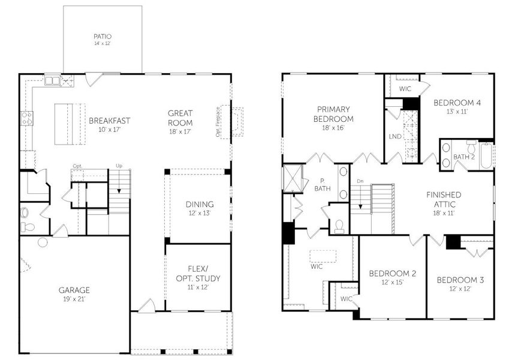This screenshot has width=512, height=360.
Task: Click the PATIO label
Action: [103, 40]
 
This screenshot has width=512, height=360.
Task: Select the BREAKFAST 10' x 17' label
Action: [110, 124]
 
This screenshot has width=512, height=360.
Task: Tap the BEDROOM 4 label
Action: [457, 106]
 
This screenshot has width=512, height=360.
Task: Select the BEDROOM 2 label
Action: [393, 278]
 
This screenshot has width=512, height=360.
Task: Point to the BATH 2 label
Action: [463, 157]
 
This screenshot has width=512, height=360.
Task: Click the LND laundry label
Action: [395, 137]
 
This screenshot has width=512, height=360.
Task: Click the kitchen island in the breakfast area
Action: [66, 124]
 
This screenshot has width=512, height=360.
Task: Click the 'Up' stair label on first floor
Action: [119, 166]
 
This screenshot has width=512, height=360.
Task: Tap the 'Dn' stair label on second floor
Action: [360, 182]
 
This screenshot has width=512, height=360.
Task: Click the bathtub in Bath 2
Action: [486, 154]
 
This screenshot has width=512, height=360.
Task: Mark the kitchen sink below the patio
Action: [53, 79]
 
